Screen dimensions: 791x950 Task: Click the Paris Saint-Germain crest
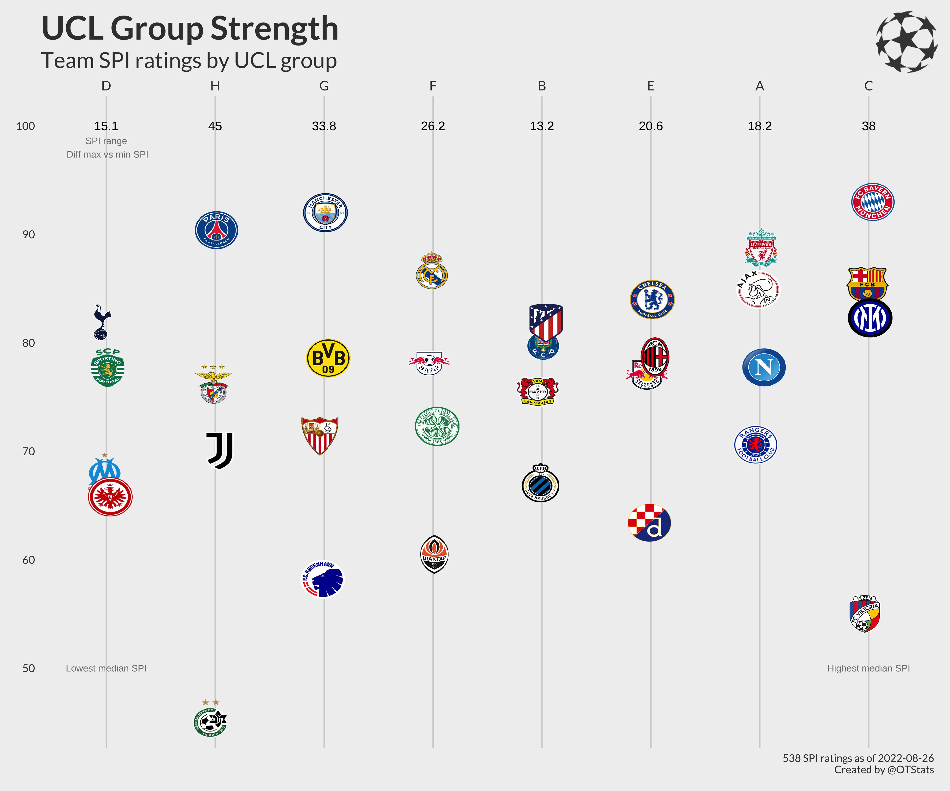216,230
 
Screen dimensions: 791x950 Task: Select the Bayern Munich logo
873,202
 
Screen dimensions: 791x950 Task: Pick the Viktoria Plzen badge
864,614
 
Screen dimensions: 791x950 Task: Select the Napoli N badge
764,367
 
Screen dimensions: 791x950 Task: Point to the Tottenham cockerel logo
102,322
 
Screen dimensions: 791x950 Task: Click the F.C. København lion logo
323,579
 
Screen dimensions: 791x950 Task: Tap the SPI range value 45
215,126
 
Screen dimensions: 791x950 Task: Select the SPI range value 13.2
542,126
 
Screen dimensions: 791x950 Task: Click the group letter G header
324,86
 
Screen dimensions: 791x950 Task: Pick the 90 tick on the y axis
28,235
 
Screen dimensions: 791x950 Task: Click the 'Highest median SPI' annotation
868,668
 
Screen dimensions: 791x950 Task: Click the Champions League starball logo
906,42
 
